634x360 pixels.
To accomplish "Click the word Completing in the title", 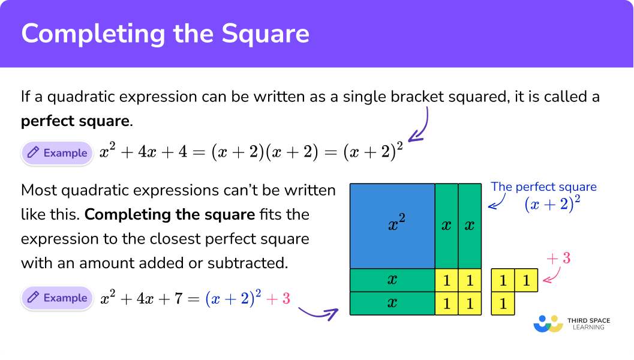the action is [x=94, y=34].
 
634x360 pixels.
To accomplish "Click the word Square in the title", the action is [x=265, y=34].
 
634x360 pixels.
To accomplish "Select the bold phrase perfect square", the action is [x=75, y=121].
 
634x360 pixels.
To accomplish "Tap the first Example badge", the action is [x=57, y=153].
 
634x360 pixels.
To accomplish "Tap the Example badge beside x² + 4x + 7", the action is [x=57, y=298].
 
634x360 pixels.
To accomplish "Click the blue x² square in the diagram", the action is [x=392, y=226].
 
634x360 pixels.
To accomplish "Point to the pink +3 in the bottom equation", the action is [x=278, y=299].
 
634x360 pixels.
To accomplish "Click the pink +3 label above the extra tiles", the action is [x=558, y=258].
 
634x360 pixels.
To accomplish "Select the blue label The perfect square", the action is [x=543, y=187].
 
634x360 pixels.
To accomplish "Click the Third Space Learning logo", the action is [x=572, y=323].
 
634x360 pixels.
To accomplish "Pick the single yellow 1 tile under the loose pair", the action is [x=503, y=304].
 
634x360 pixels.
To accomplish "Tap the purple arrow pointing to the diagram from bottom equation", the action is [x=318, y=313].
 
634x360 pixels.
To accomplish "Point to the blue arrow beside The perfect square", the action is [x=497, y=202].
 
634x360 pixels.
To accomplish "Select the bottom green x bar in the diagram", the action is [x=392, y=304].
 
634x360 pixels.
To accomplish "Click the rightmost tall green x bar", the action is [x=470, y=226].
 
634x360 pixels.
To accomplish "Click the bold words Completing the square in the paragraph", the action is [x=170, y=214].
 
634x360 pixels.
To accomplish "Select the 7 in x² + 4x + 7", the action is [x=178, y=299].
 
